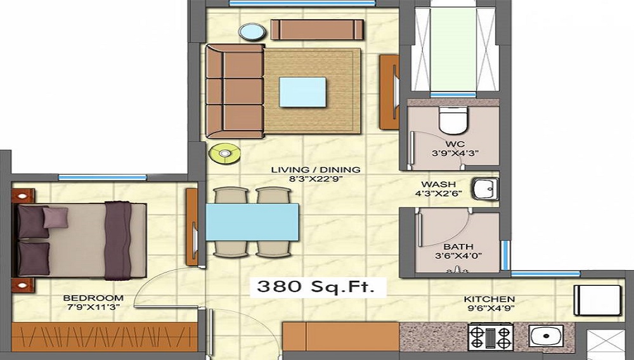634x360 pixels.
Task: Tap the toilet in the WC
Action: [453, 120]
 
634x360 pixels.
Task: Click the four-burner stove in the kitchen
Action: [491, 337]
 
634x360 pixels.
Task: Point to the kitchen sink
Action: [547, 336]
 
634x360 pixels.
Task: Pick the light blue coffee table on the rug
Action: [302, 92]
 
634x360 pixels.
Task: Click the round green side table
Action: [224, 153]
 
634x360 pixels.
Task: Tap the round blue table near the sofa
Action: [252, 32]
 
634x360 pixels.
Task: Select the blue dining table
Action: [252, 222]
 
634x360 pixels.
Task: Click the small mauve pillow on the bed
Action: [55, 217]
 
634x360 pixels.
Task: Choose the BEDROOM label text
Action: [93, 298]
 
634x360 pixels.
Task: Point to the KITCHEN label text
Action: [489, 299]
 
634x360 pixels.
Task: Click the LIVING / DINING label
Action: [316, 170]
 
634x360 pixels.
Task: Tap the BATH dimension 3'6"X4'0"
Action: [458, 256]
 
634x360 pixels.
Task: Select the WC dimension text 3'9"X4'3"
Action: [455, 153]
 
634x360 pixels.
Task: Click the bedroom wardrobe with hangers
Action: [105, 337]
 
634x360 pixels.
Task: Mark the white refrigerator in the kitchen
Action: [597, 300]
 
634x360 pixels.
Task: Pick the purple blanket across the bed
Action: [118, 240]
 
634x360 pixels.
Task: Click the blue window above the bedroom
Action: [102, 177]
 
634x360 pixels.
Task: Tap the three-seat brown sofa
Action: [235, 91]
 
